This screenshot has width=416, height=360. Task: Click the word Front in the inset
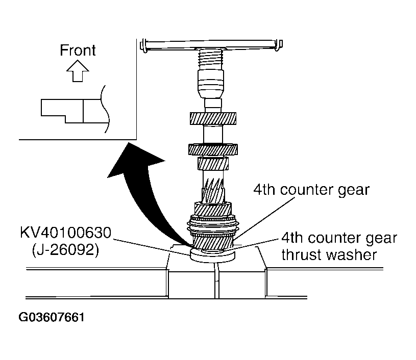tap(78, 50)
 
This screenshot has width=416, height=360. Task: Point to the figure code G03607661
tap(52, 317)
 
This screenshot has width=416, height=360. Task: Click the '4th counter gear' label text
tap(311, 190)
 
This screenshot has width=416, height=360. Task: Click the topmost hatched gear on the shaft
tap(213, 118)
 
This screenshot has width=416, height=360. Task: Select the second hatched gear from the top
tap(213, 149)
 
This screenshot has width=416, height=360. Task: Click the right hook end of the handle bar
tap(278, 46)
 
